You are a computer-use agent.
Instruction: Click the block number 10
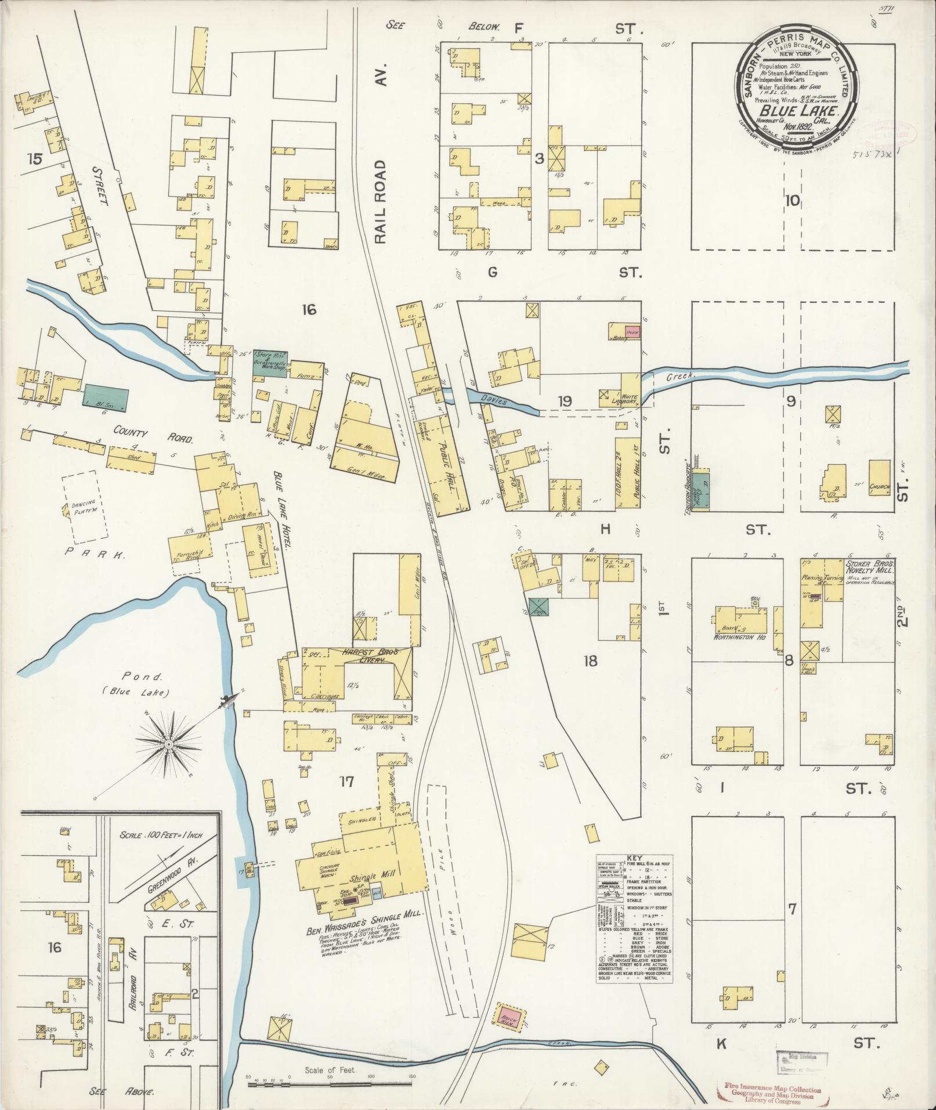click(x=792, y=201)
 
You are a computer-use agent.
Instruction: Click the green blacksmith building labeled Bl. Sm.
click(x=106, y=395)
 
